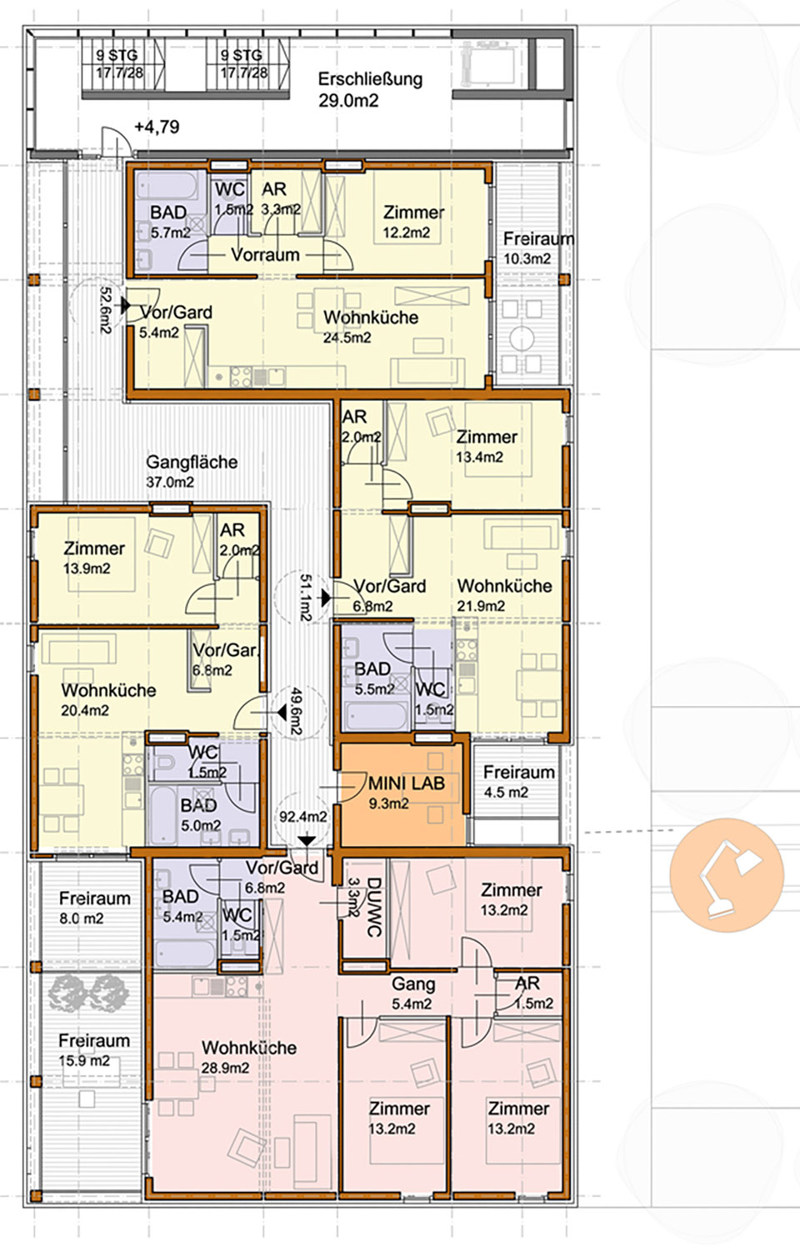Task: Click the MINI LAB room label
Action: [x=407, y=792]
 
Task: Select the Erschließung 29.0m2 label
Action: [x=370, y=90]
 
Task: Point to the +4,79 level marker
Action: [x=157, y=127]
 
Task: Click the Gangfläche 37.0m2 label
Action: [x=192, y=472]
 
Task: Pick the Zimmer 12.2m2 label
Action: [x=413, y=222]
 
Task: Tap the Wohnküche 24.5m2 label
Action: [x=371, y=327]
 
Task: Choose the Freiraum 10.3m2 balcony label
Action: [x=537, y=248]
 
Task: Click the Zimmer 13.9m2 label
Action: [x=93, y=558]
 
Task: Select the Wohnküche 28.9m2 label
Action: [x=249, y=1057]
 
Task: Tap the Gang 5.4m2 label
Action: [x=412, y=993]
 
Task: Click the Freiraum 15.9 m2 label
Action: [x=94, y=1050]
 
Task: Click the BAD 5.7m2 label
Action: [x=170, y=222]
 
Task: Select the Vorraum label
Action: [x=265, y=255]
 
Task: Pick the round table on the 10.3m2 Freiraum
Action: [x=522, y=338]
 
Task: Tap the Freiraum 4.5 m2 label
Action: [x=518, y=782]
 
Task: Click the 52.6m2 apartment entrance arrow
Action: [x=125, y=305]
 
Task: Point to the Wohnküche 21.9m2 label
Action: [x=504, y=595]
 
